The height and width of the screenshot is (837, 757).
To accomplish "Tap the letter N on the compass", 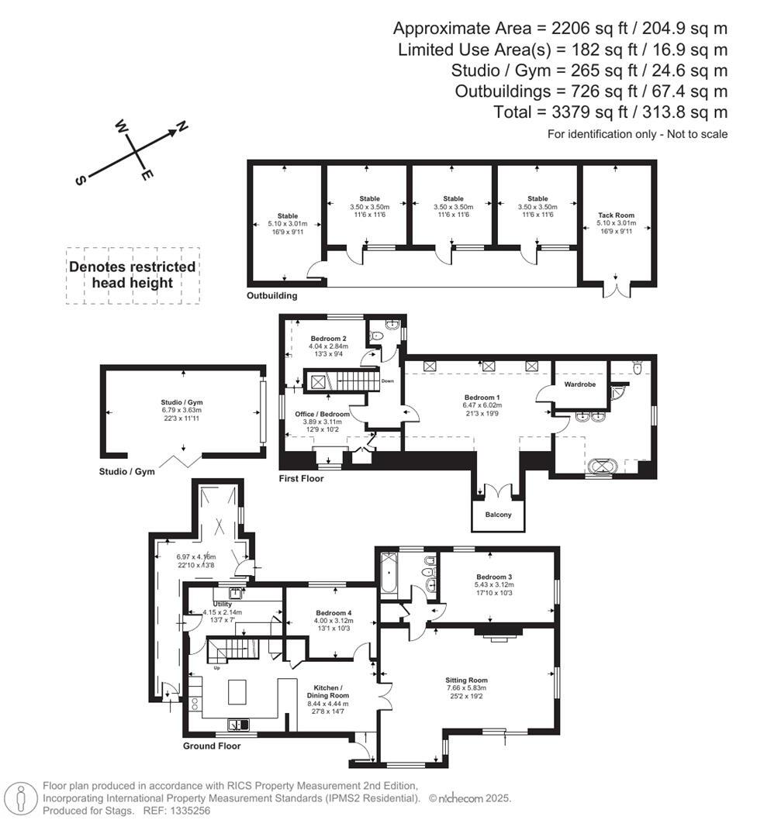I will (182, 127).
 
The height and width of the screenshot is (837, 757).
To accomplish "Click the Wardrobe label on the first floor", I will (579, 384).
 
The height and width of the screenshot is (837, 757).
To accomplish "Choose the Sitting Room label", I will (466, 680).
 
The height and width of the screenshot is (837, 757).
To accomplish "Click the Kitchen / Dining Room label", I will (331, 691).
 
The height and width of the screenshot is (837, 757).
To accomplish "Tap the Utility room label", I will (223, 604).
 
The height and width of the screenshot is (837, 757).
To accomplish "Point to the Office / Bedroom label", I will (322, 414).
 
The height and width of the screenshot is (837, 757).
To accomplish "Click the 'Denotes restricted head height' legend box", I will (133, 275).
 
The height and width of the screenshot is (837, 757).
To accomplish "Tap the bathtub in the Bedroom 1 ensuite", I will (602, 467).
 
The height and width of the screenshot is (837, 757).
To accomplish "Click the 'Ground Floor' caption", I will (212, 746).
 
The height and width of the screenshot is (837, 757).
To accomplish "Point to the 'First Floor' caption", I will (301, 479).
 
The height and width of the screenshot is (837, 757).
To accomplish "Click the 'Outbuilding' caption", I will (271, 296).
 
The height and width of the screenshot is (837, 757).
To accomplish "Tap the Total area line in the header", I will (610, 112).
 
